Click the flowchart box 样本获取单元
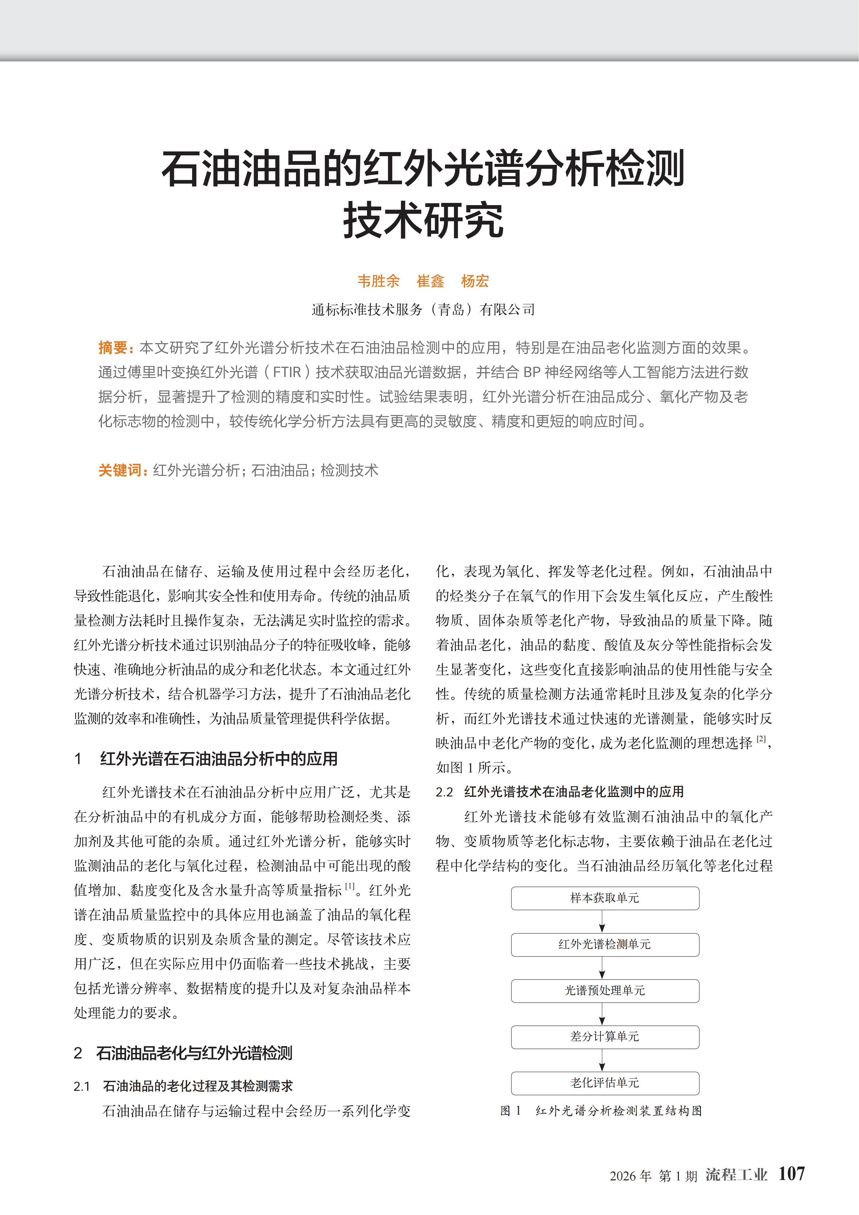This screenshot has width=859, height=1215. (604, 898)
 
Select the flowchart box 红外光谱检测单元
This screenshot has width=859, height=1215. (604, 944)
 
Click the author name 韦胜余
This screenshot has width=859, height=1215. (379, 281)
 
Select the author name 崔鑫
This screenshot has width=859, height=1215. (430, 281)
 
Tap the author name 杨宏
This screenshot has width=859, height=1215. (475, 281)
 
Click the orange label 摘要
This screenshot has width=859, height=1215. (113, 348)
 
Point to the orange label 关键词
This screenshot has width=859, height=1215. (121, 470)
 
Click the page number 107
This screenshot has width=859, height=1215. (791, 1174)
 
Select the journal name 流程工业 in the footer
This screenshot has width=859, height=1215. (736, 1175)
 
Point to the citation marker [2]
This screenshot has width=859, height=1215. (761, 739)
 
